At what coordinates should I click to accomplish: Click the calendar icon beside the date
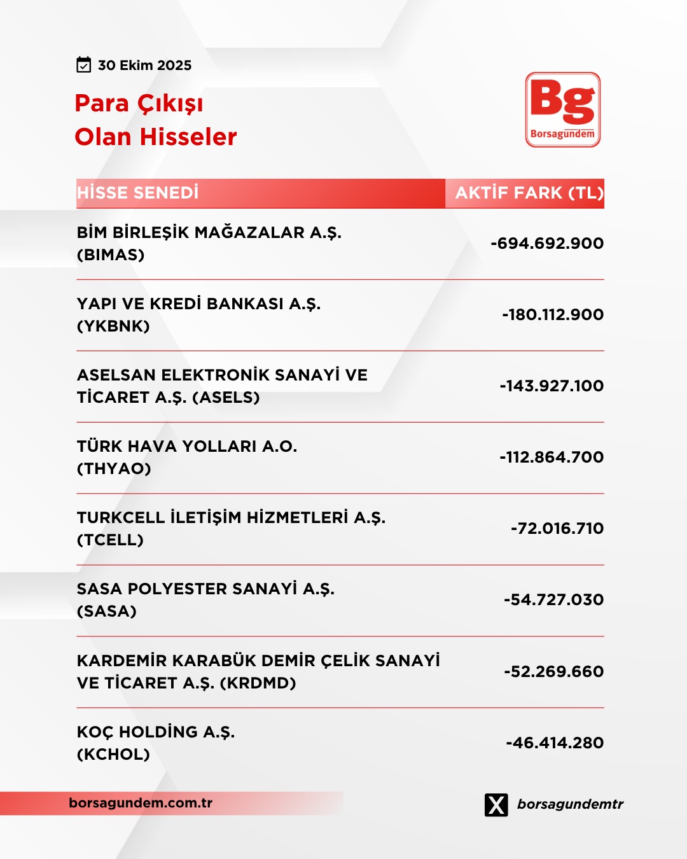point(83,65)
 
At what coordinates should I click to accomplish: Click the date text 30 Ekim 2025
point(144,66)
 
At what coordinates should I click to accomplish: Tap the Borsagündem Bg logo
point(562,109)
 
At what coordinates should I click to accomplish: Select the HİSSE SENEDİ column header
point(137,193)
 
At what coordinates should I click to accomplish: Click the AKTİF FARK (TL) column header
point(529,193)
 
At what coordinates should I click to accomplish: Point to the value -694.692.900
point(547,244)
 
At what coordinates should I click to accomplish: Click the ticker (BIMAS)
point(111,255)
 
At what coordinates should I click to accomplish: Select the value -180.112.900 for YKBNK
point(553,315)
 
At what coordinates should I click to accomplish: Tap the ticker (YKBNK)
point(113,326)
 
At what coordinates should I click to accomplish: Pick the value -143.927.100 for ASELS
point(552,386)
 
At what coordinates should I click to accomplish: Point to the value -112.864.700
point(552,457)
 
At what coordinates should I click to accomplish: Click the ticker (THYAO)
point(114,469)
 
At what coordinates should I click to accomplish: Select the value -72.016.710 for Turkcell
point(557,529)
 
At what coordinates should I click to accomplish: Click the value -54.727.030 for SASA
point(553,600)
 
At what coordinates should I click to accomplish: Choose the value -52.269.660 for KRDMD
point(553,672)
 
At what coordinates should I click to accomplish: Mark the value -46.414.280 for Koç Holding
point(555,743)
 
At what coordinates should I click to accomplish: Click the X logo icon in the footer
point(496,805)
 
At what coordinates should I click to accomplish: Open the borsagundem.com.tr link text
point(141,803)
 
